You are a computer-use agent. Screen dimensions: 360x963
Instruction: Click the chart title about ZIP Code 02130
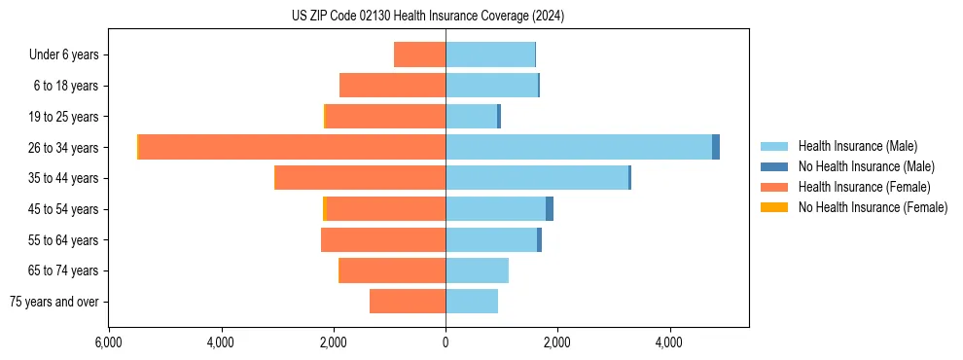tap(427, 17)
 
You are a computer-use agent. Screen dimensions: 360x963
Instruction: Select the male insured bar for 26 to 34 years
tap(579, 147)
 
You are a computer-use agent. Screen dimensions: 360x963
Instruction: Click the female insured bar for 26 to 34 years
tap(292, 147)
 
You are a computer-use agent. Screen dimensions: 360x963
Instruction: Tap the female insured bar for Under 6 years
tap(419, 54)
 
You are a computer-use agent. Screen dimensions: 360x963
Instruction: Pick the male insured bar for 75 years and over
tap(472, 302)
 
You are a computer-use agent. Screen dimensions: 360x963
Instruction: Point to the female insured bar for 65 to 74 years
tap(392, 270)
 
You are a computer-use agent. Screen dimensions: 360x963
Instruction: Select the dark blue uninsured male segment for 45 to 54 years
tap(550, 209)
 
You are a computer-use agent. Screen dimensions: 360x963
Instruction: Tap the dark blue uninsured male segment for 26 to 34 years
tap(716, 147)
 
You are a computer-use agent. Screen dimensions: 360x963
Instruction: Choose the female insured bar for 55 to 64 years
tap(383, 239)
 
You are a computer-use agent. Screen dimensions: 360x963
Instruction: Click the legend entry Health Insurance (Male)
tap(857, 146)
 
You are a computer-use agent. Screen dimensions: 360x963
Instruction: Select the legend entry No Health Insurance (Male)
tap(866, 166)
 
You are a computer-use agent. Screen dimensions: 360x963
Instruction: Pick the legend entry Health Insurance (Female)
tap(864, 187)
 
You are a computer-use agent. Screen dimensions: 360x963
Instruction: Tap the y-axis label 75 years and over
tap(53, 302)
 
